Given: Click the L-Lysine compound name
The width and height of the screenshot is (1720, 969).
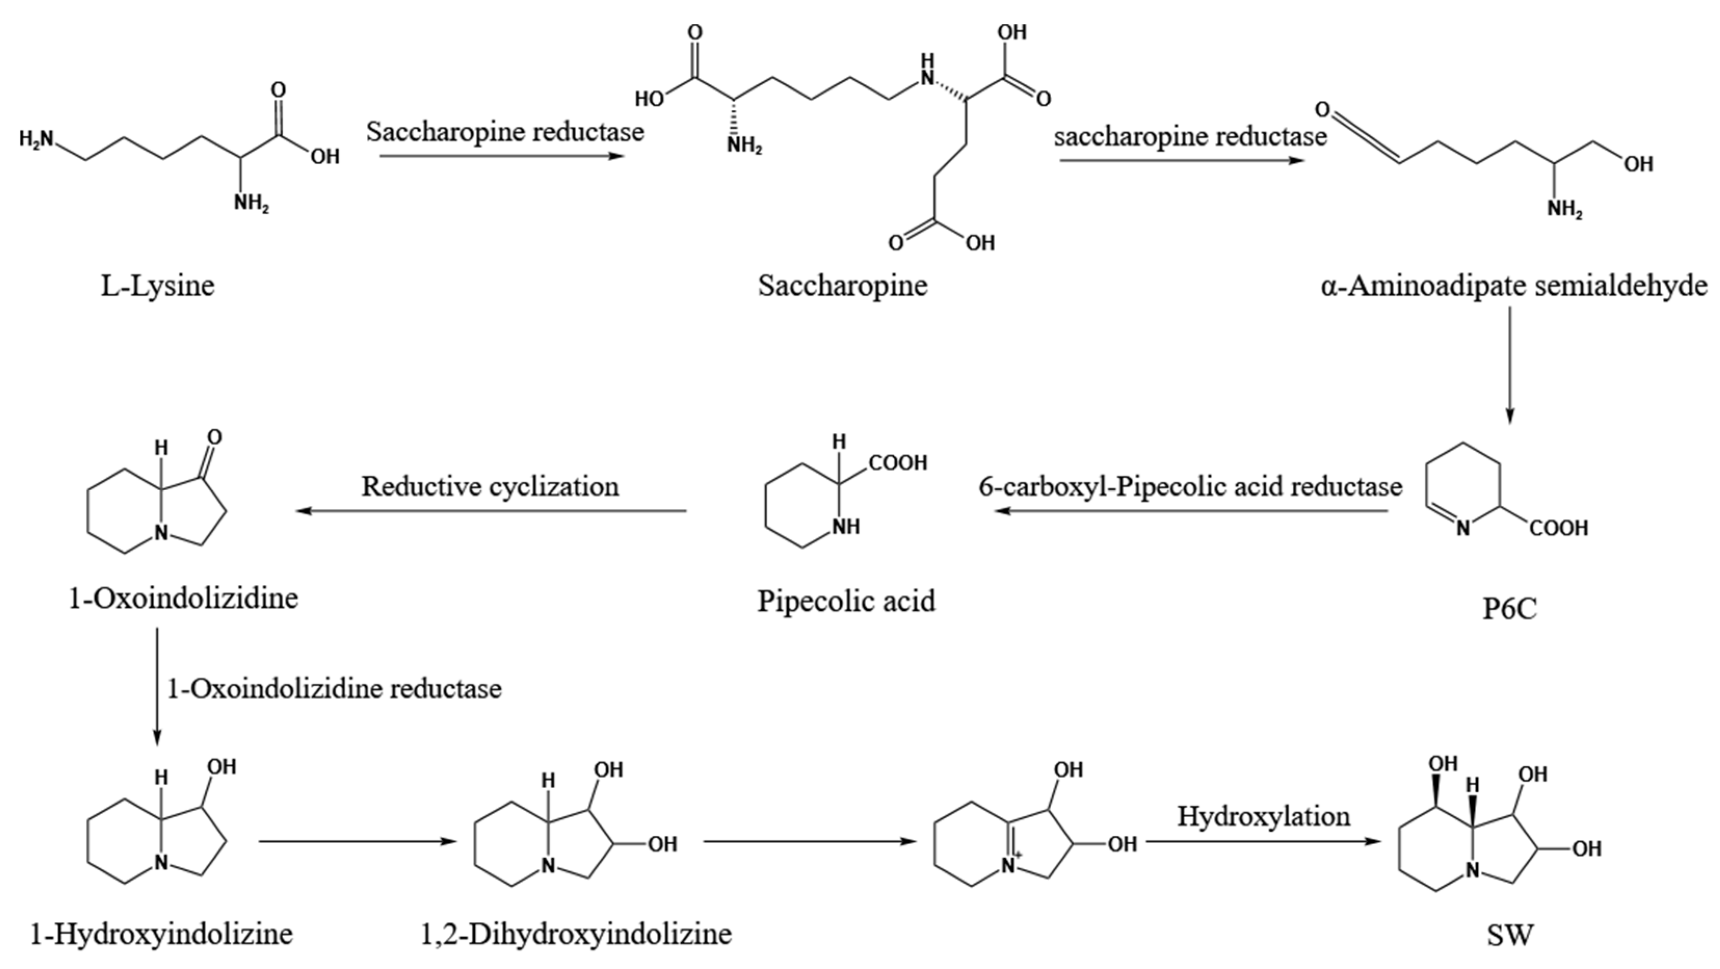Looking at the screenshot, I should [x=157, y=286].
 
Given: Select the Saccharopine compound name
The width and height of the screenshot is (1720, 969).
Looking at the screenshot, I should [x=843, y=286].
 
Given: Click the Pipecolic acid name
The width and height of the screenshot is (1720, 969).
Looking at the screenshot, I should [x=846, y=601].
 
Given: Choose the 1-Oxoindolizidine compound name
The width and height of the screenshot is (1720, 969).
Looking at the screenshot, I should [x=183, y=598].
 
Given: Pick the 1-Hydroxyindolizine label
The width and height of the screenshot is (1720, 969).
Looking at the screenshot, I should [x=162, y=933].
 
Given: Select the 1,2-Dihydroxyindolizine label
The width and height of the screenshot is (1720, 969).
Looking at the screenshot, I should [x=576, y=933].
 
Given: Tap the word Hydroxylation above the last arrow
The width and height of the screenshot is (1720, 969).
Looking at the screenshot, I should [x=1263, y=816].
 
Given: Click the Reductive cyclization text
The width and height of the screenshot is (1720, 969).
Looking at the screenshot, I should [x=490, y=486].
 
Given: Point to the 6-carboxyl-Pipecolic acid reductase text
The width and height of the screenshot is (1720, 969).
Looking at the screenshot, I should [x=1190, y=486].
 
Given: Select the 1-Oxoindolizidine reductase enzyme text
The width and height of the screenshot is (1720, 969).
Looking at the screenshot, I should [x=334, y=688].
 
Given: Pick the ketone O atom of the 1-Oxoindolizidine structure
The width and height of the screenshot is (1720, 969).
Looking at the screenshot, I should [x=214, y=437].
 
